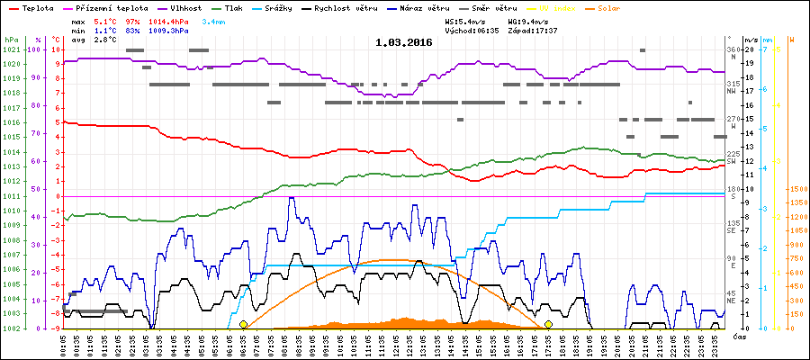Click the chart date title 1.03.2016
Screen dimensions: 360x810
point(403,41)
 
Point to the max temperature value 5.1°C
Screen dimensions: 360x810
point(105,21)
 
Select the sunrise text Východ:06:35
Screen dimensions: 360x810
point(472,30)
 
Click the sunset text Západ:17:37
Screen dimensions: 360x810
point(533,30)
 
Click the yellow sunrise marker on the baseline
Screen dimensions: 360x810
point(244,324)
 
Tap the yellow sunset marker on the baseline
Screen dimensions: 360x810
point(548,324)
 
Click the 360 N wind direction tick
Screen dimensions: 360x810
point(733,53)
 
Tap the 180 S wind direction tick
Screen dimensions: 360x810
point(733,193)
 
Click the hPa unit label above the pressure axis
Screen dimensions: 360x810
point(10,40)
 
